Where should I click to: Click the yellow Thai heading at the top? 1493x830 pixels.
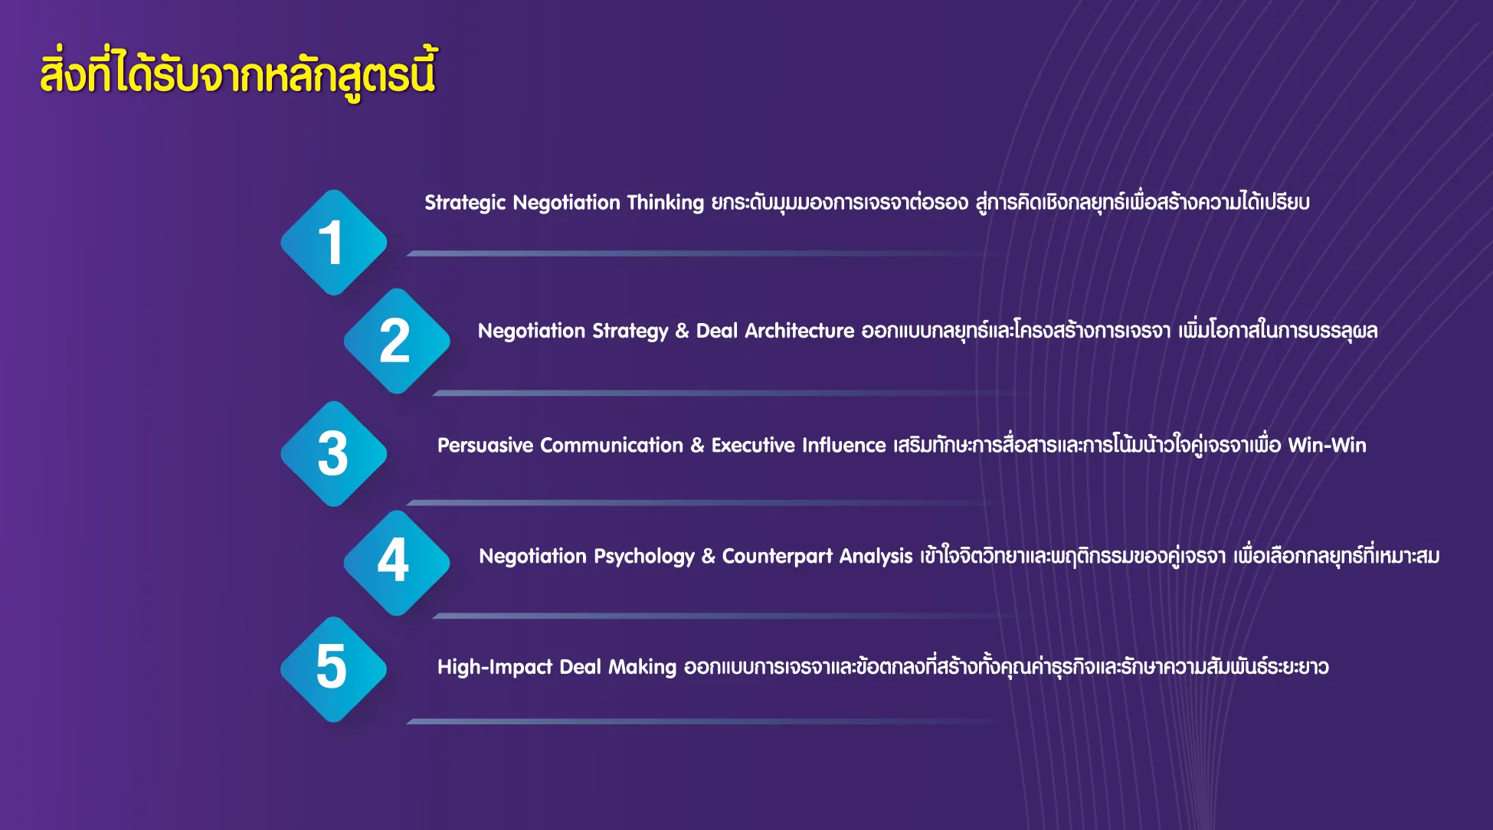coord(238,74)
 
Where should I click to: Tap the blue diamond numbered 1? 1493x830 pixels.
coord(334,243)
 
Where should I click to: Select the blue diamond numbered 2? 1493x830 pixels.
coord(397,341)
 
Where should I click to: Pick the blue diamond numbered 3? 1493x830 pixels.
coord(334,454)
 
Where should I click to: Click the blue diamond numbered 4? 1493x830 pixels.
coord(397,563)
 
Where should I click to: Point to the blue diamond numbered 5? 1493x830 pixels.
coord(334,669)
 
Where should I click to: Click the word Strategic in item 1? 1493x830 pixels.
coord(465,203)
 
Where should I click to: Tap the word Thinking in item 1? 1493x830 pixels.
coord(665,203)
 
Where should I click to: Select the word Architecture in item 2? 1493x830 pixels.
coord(799,331)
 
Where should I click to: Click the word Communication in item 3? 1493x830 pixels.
coord(611,445)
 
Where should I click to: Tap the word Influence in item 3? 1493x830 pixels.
coord(843,445)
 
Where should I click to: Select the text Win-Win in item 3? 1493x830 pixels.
coord(1327,445)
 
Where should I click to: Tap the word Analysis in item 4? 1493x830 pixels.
coord(876,557)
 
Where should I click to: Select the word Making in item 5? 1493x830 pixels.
coord(642,667)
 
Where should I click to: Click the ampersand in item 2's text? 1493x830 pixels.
coord(682,331)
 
